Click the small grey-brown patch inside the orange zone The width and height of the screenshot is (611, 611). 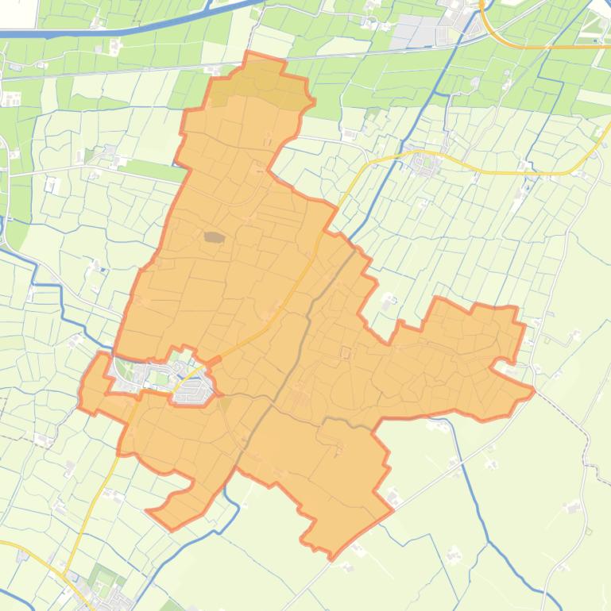pyautogui.click(x=214, y=236)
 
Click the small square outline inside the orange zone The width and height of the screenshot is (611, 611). pyautogui.click(x=346, y=352)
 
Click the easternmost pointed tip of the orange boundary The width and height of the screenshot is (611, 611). pyautogui.click(x=533, y=390)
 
